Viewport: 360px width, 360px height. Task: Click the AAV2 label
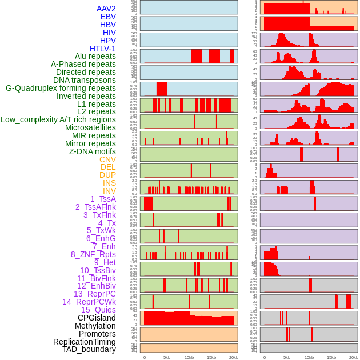106,9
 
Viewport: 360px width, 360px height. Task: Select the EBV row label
108,17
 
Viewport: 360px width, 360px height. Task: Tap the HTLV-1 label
102,49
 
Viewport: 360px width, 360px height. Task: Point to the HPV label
108,41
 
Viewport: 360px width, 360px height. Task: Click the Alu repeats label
95,56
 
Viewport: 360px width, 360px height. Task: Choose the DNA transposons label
85,80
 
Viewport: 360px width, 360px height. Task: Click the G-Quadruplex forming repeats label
61,88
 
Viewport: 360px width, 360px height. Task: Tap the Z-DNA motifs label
92,151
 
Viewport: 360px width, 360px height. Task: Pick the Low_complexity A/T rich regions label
58,119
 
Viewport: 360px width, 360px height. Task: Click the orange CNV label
107,159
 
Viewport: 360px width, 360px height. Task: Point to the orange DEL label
108,167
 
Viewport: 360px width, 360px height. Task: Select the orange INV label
109,191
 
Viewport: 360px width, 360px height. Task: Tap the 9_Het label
105,262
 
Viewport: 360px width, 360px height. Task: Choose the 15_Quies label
98,310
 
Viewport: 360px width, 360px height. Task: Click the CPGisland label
97,318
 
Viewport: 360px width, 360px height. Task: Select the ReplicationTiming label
85,342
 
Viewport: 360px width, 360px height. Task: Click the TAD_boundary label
89,349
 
